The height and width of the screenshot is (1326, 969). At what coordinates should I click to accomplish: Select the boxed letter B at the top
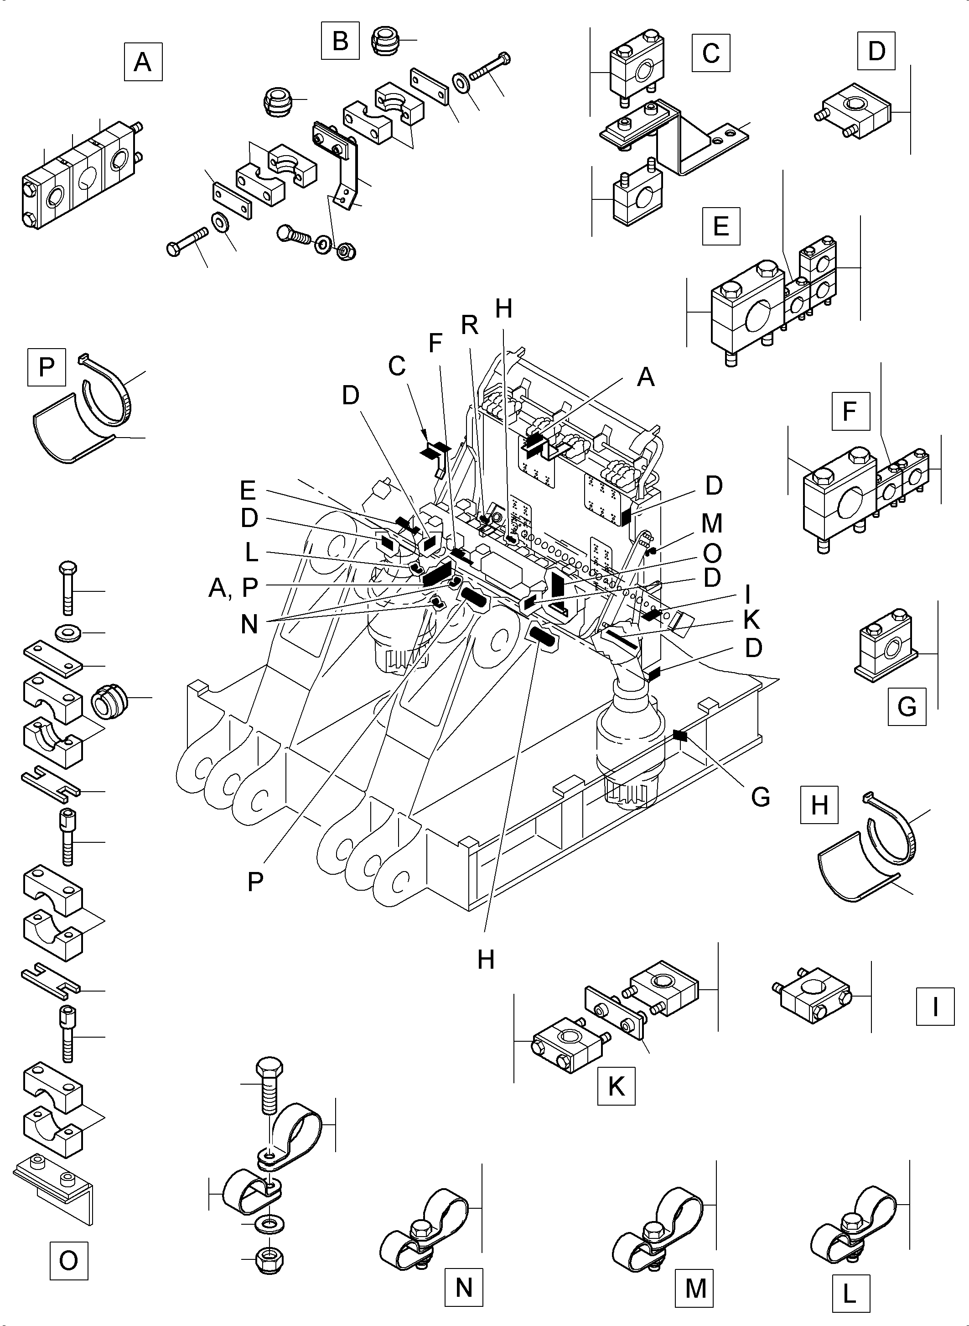340,41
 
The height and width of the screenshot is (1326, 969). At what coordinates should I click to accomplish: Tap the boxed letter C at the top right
711,53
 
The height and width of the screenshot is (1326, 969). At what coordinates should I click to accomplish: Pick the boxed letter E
721,226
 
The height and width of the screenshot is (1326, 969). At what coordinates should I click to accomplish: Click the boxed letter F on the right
850,412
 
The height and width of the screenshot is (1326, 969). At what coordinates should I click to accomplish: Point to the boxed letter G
907,706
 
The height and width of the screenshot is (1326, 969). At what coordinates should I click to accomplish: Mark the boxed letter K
616,1086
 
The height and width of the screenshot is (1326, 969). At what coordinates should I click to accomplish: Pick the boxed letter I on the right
935,1007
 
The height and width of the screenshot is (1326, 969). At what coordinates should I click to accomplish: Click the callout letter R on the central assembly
470,325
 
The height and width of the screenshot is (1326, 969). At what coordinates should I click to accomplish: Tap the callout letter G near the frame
761,797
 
